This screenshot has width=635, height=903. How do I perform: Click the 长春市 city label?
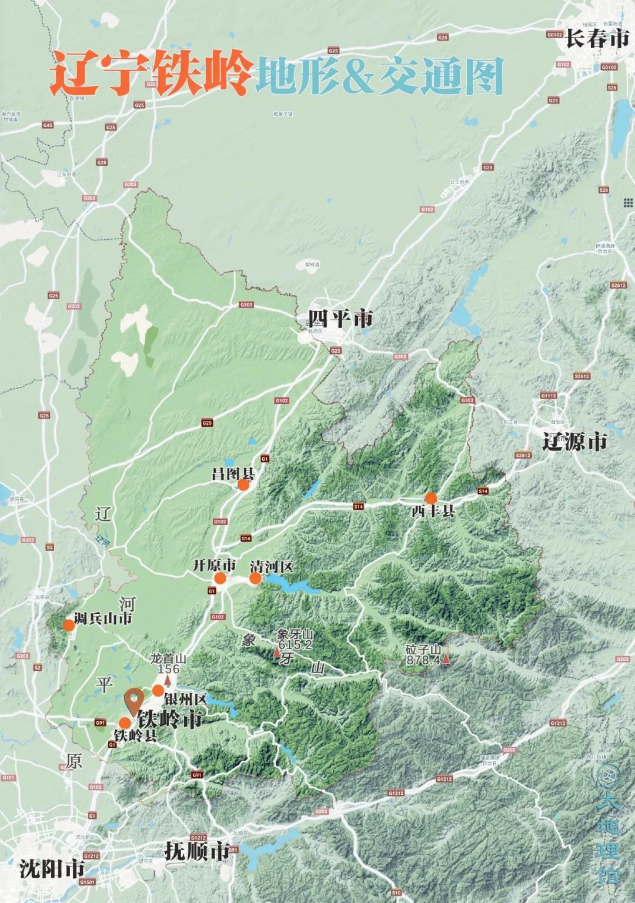coord(597,39)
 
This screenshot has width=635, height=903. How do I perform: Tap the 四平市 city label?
coord(340,320)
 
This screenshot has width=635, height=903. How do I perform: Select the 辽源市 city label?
coord(574,442)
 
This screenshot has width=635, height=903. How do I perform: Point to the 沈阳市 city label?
coord(52,868)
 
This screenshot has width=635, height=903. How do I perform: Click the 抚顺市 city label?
coord(196,851)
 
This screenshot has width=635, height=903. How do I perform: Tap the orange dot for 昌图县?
coord(243,485)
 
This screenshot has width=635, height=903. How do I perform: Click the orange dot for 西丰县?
coord(431,497)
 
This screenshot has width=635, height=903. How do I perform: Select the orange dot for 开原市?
coord(220,578)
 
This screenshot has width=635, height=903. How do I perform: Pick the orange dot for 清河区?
coord(255,578)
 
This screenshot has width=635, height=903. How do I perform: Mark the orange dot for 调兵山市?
coord(69,625)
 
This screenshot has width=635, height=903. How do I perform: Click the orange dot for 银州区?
coord(158,690)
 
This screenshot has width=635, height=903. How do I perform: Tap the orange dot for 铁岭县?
coord(125,723)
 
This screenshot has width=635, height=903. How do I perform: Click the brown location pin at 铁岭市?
coord(135,700)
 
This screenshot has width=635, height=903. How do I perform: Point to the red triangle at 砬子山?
coord(446,660)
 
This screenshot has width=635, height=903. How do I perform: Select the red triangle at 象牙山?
coord(277,652)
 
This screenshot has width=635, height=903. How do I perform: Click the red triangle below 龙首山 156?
coord(168,680)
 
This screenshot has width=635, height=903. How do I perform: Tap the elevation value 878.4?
coord(423,661)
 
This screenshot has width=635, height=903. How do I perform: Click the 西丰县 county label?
coord(433,511)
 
